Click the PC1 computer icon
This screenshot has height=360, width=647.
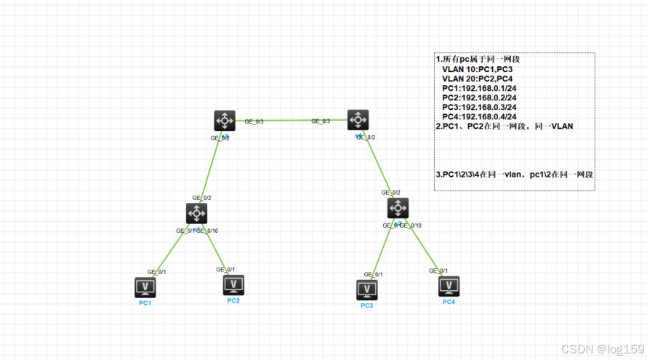tap(145, 288)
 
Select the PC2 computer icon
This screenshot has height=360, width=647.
tap(233, 285)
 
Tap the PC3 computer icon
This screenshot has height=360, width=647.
tap(366, 290)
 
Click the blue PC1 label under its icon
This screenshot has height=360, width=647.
tap(145, 303)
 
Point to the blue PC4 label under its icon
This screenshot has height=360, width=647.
tap(449, 301)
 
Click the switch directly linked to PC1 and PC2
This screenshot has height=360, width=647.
tap(196, 214)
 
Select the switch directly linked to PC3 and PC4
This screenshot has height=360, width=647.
tap(398, 208)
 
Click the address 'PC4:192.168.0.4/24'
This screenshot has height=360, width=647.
tap(479, 116)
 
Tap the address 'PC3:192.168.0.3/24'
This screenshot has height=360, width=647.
tap(479, 107)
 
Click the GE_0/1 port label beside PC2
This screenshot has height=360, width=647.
tap(225, 269)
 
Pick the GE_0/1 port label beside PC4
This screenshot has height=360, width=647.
tap(438, 271)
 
